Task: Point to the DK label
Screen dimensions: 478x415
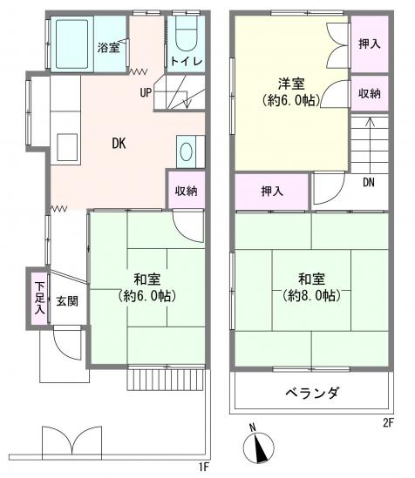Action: coord(117,145)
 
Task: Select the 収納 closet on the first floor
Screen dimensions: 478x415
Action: coord(186,190)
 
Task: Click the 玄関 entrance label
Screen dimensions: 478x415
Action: coord(67,301)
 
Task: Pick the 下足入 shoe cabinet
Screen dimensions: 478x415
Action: coord(39,296)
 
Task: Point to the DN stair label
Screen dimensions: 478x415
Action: coord(368,182)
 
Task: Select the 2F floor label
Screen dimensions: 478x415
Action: coord(387,422)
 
